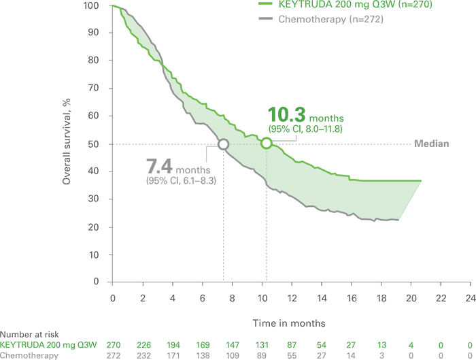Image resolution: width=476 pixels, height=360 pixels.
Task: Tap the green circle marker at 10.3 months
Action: (266, 143)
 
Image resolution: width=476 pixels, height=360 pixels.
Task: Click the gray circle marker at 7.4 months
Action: (222, 144)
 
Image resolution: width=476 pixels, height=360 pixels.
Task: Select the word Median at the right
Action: (432, 144)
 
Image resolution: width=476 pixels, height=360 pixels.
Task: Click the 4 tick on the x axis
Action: (173, 298)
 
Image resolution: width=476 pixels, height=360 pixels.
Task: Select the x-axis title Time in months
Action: (289, 322)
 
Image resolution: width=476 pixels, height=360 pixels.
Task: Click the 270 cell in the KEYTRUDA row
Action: (113, 345)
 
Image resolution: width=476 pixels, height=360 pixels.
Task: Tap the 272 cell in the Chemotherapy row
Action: (113, 355)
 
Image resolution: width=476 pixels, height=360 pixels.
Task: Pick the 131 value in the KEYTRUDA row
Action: (262, 345)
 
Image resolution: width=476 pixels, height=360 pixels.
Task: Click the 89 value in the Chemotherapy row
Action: (262, 355)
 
